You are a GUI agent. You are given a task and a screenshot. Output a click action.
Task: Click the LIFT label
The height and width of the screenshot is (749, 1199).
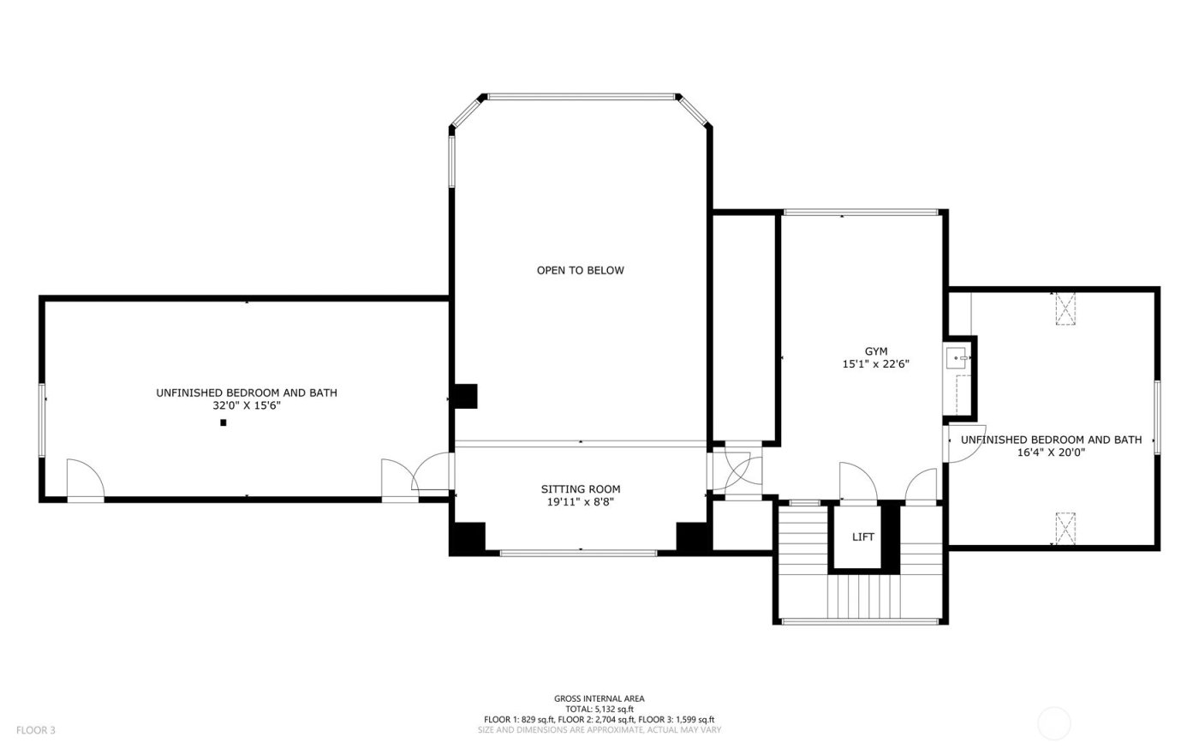[862, 537]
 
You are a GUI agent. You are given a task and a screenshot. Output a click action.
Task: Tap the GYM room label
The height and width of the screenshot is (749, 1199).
[875, 351]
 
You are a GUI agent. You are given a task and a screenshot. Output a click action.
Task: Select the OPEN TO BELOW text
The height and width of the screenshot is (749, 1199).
[580, 271]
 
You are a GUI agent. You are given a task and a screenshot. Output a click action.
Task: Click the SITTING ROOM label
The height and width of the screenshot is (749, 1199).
[580, 489]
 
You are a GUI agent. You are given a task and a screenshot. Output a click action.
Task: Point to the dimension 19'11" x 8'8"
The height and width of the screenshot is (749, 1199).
[580, 503]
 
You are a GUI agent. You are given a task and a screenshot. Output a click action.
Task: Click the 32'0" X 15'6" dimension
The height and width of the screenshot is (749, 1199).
[246, 406]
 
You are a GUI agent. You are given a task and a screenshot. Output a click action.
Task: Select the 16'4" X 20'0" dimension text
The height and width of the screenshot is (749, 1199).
[1051, 453]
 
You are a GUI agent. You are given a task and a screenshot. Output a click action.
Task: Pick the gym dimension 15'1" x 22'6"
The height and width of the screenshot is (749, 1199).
[875, 364]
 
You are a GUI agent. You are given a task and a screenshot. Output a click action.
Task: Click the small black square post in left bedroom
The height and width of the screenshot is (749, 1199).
[224, 422]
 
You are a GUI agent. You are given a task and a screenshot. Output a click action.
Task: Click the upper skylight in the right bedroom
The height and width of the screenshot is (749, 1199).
[1065, 309]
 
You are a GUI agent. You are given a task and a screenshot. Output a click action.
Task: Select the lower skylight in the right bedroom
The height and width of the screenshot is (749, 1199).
[1065, 529]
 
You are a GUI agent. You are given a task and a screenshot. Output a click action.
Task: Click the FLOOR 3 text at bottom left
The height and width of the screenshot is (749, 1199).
[35, 730]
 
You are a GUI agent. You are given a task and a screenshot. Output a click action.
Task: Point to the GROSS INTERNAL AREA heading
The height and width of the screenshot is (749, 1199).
[599, 698]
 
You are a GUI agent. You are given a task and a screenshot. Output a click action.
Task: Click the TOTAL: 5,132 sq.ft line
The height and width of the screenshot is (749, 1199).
[599, 709]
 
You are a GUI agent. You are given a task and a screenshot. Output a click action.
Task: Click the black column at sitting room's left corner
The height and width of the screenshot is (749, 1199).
[468, 538]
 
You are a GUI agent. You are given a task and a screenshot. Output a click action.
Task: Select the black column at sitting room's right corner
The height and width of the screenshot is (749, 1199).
[693, 537]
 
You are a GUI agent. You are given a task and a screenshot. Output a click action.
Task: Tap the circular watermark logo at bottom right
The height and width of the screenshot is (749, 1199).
[1054, 724]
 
